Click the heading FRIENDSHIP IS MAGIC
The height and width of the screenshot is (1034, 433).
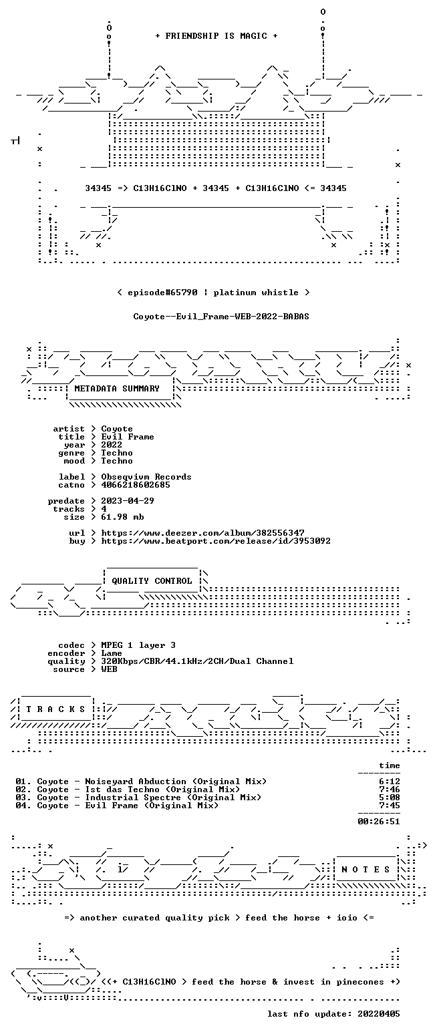click(216, 36)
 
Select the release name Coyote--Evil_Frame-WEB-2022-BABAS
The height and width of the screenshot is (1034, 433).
click(221, 316)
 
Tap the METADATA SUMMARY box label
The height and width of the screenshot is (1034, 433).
click(117, 389)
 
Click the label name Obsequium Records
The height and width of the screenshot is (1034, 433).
click(146, 477)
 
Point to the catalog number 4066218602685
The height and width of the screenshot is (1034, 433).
click(136, 485)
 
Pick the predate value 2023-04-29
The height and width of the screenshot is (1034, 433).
click(128, 501)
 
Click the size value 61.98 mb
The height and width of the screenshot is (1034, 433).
click(122, 517)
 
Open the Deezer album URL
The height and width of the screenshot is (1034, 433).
click(202, 533)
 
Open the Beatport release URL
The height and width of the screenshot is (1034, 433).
click(216, 541)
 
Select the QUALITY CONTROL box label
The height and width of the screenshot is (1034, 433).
click(152, 581)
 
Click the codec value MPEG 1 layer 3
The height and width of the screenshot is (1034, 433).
click(138, 645)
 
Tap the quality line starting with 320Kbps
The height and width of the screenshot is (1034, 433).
click(197, 661)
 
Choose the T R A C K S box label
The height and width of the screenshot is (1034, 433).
click(56, 709)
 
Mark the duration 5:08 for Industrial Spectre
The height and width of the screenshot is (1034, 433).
click(390, 798)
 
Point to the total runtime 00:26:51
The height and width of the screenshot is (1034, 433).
click(379, 822)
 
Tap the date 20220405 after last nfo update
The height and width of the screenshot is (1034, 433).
click(379, 1014)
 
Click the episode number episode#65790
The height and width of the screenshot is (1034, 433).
click(162, 293)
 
